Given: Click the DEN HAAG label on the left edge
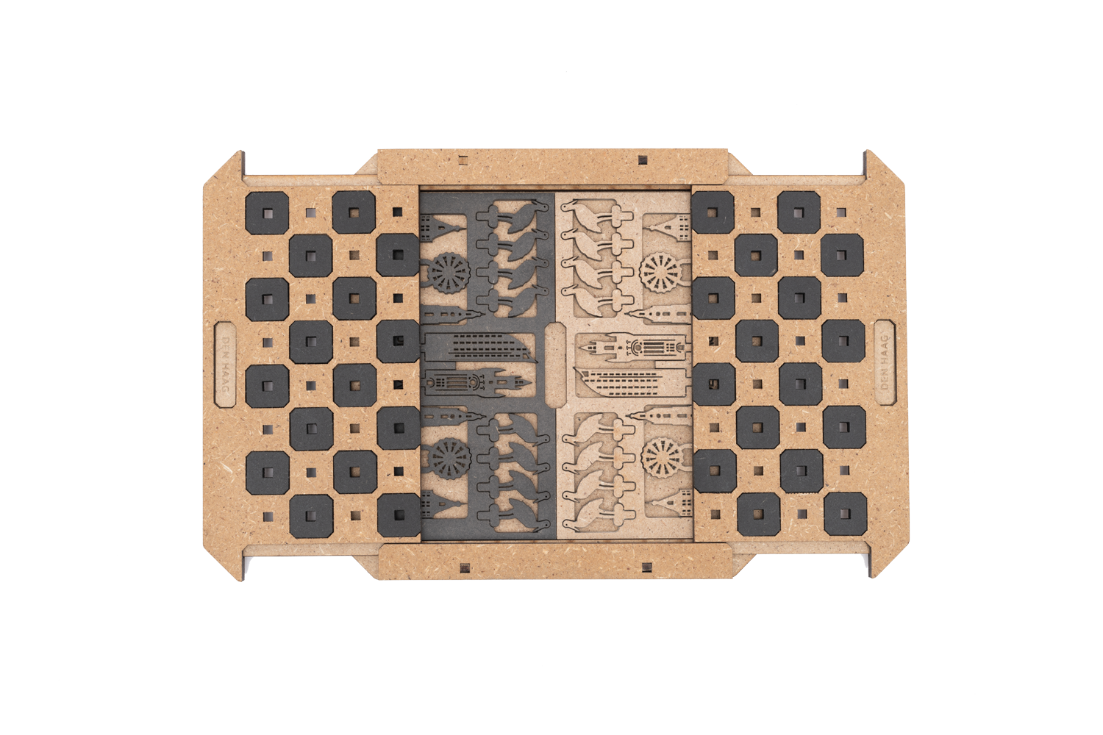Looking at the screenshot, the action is coord(226,365).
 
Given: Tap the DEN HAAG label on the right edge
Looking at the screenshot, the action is coord(885,362).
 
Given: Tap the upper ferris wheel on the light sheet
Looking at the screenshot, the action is coord(661,272).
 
